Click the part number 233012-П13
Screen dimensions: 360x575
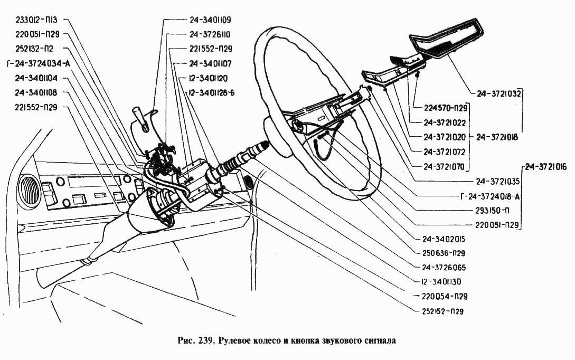37,20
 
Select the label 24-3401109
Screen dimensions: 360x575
210,20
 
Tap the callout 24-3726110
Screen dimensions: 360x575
210,34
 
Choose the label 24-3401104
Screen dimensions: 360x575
36,78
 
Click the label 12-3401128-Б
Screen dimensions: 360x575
211,93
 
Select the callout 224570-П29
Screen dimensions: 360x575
446,110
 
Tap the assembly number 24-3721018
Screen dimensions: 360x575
497,137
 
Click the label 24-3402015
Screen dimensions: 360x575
444,239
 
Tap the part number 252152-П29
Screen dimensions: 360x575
444,311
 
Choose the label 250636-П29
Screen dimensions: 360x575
444,253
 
